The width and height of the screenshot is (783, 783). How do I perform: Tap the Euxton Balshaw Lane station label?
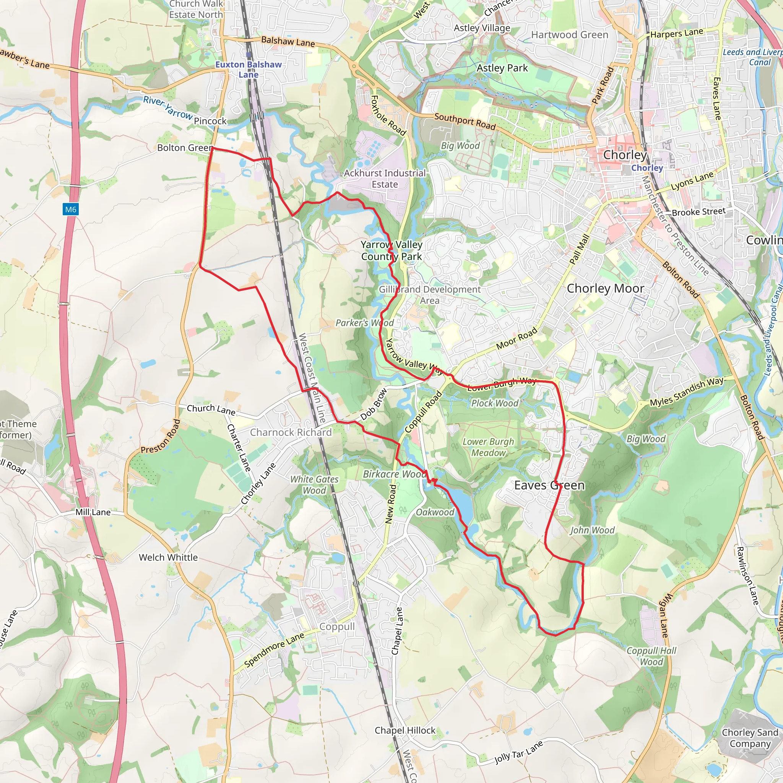[x=249, y=69]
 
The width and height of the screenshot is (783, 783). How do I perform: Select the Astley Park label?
[x=502, y=68]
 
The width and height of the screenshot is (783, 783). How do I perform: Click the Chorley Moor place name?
[x=605, y=289]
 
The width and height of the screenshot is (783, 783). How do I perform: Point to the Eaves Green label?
[x=549, y=485]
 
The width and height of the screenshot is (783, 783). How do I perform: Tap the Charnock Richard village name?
[x=291, y=432]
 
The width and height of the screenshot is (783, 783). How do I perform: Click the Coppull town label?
[x=337, y=627]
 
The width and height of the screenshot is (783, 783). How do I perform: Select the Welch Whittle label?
[x=168, y=557]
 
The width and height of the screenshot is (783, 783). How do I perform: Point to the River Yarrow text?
[x=168, y=108]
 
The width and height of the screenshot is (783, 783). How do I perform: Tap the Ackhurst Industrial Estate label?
[x=385, y=179]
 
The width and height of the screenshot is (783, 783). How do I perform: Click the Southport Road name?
[x=465, y=122]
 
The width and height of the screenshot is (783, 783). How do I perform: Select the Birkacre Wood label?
[x=394, y=474]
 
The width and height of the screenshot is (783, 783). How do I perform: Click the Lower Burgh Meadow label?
[x=488, y=447]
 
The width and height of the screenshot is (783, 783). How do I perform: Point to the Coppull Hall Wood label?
[x=651, y=656]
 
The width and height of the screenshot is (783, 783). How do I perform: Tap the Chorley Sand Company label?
[x=750, y=738]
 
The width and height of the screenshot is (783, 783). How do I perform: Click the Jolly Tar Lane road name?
[x=518, y=752]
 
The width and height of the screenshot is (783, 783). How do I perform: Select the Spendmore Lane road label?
[x=274, y=650]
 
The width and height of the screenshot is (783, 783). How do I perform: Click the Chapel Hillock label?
[x=405, y=730]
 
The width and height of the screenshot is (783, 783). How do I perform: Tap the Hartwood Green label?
[x=569, y=35]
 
